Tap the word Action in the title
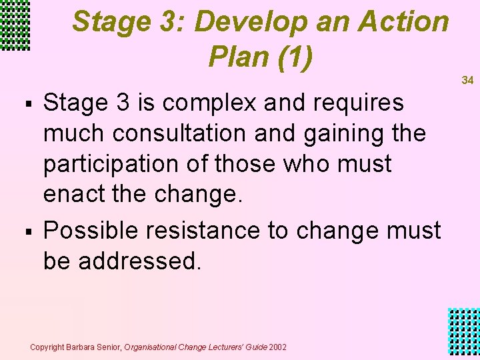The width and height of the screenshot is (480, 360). coord(404,22)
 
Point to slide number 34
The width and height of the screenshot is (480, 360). coord(467,80)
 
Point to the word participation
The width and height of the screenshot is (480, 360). coord(116,164)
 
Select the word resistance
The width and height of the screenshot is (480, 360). coord(206,231)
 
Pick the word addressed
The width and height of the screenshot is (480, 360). coord(139,261)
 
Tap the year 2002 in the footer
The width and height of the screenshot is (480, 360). coord(277,347)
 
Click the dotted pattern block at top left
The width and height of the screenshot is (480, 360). coord(15,25)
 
